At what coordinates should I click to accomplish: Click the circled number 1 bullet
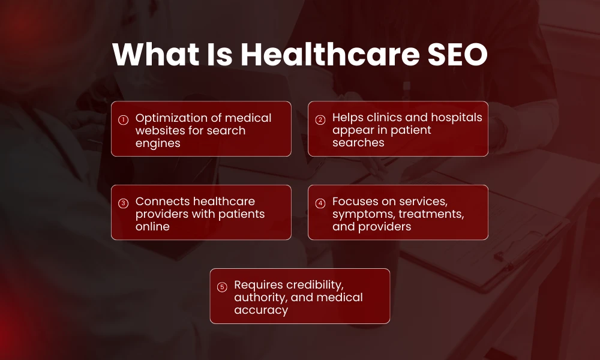123,119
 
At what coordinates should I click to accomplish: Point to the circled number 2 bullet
320,119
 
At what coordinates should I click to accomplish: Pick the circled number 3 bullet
123,203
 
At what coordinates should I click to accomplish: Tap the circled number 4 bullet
320,203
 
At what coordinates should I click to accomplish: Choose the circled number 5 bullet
222,287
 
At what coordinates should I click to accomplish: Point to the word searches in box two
358,142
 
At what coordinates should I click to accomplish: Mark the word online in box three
152,226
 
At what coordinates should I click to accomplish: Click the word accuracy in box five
261,310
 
